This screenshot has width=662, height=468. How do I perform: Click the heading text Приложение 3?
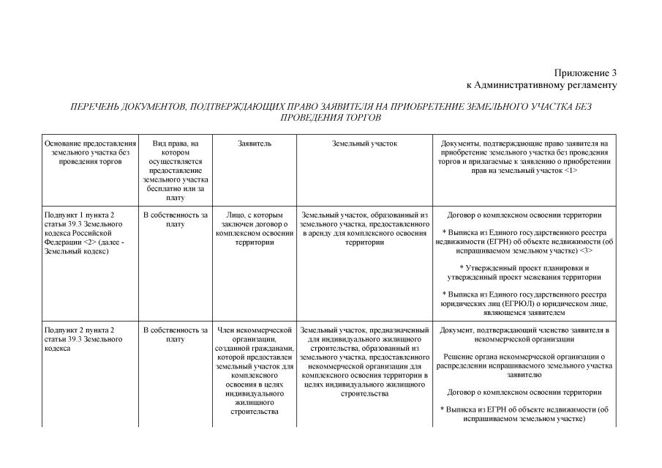(x=585, y=73)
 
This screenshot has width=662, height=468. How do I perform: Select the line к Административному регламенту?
(x=542, y=85)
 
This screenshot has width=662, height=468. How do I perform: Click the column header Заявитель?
(x=255, y=144)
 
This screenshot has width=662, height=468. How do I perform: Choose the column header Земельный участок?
(x=364, y=144)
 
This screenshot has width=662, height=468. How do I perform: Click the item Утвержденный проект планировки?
(x=524, y=272)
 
